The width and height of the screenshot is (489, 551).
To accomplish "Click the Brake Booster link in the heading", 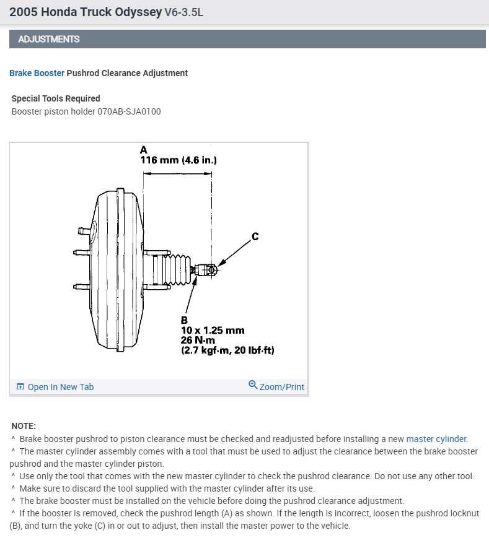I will coord(37,73).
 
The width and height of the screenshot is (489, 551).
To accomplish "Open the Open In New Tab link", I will coord(60,387).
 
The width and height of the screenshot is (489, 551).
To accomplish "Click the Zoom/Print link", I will coord(281,387).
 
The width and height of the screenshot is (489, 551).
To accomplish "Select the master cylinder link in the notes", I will coord(436,439).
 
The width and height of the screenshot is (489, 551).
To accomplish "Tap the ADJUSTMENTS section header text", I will coord(49,39).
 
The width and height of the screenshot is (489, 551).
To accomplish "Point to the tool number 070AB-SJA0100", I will coord(130,111).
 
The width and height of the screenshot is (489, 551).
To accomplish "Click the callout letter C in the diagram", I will coord(255,236).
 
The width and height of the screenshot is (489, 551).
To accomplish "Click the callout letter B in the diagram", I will coord(184,320).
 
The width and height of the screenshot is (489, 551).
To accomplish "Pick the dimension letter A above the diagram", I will coord(144,150).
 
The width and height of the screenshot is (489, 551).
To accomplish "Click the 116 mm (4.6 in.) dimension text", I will coord(178,160).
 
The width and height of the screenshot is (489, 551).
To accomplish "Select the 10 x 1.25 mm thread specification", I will coord(213,331).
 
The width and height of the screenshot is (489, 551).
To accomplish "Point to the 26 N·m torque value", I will coord(198,341).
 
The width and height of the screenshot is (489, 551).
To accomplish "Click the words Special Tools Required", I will coord(56,98).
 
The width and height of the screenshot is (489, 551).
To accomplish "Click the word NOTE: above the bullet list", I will coord(24,426).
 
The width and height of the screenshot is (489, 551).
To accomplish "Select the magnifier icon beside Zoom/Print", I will coord(253,385).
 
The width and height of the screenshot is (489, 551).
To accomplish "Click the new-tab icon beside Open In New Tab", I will coord(20,387).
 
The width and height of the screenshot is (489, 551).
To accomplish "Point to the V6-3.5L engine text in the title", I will coord(185,12).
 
